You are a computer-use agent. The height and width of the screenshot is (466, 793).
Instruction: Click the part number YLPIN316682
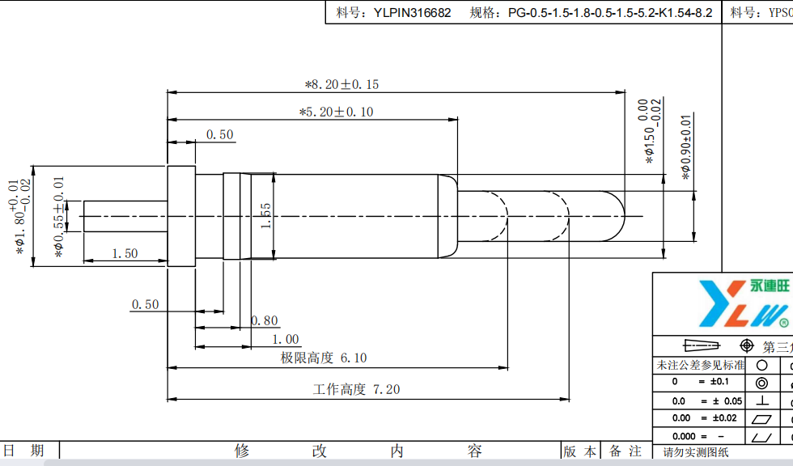click(412, 13)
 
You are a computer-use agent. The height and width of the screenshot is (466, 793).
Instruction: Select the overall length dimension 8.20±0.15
click(341, 84)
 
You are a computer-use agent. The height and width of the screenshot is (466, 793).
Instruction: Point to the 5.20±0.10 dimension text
click(336, 112)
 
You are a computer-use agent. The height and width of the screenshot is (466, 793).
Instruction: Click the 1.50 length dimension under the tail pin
click(125, 253)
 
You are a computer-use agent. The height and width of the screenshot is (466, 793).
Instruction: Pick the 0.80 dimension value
click(265, 321)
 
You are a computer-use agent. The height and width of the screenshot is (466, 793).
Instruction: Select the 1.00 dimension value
click(285, 340)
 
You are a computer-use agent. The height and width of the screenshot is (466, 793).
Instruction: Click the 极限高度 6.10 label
click(324, 358)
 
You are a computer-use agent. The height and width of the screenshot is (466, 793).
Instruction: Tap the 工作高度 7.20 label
click(356, 389)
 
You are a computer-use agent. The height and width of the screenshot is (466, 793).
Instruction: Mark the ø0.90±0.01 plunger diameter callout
click(686, 146)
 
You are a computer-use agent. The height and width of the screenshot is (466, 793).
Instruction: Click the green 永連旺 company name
click(769, 286)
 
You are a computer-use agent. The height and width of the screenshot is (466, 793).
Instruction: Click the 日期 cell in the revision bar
click(24, 451)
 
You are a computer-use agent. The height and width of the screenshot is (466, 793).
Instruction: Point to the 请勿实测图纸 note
click(696, 452)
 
